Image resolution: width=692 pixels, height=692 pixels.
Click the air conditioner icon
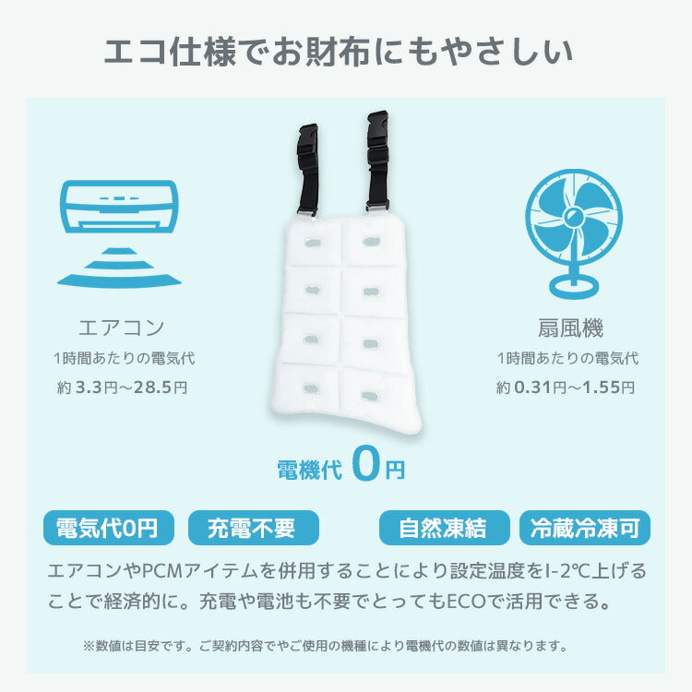pos(119,234)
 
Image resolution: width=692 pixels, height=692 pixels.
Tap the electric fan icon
pos(573,234)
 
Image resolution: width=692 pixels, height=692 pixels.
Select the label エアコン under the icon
pos(122,328)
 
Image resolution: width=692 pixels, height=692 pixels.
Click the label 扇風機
pos(570,328)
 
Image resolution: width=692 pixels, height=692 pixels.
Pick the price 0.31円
pos(540,388)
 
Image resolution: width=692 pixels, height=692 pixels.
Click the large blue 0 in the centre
pos(366,463)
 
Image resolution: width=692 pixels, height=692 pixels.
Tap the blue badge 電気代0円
pos(109,528)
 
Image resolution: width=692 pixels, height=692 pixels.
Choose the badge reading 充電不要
pos(254,528)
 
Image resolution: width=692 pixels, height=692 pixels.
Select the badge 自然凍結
pos(445,528)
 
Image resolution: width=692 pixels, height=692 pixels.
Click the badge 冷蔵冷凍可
pos(585,528)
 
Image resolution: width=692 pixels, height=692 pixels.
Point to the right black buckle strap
pos(377,161)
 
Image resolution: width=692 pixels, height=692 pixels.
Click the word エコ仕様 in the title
pos(170,52)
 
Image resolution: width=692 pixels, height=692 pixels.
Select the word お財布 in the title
pos(321,52)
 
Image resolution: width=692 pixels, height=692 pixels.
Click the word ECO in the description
pos(466,601)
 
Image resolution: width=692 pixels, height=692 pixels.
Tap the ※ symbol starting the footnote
pos(89,646)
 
